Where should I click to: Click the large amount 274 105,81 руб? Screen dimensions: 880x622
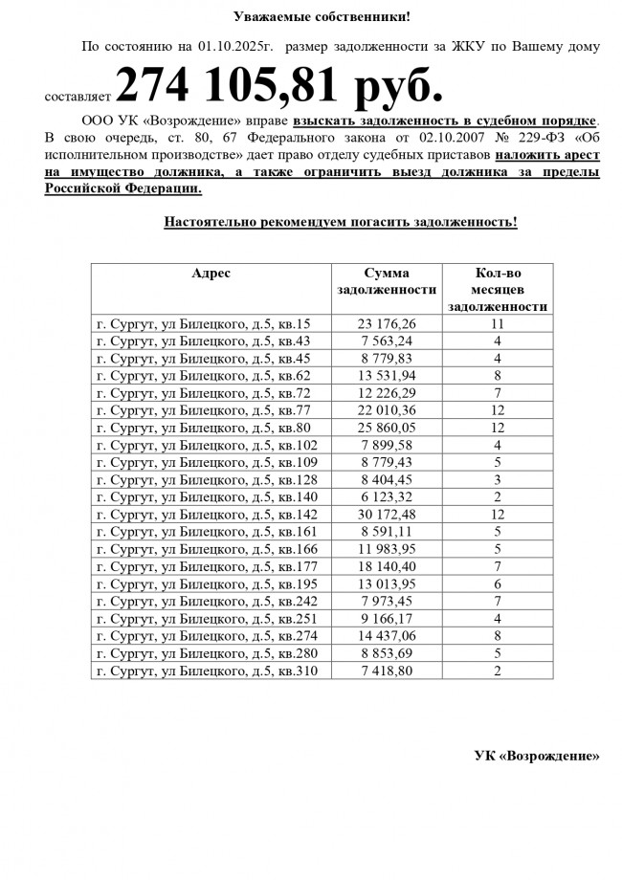279,86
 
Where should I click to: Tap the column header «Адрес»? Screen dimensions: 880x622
211,273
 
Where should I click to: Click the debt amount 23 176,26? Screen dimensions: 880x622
387,324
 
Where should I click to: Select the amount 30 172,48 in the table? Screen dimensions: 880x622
387,515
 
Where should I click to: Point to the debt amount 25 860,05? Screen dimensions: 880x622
387,429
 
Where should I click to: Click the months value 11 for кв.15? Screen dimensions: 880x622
498,324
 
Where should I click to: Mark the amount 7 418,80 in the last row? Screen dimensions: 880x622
387,671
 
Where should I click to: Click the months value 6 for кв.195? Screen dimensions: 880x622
498,584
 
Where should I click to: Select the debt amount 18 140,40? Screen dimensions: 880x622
387,567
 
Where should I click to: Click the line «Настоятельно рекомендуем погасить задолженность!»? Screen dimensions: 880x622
341,223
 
